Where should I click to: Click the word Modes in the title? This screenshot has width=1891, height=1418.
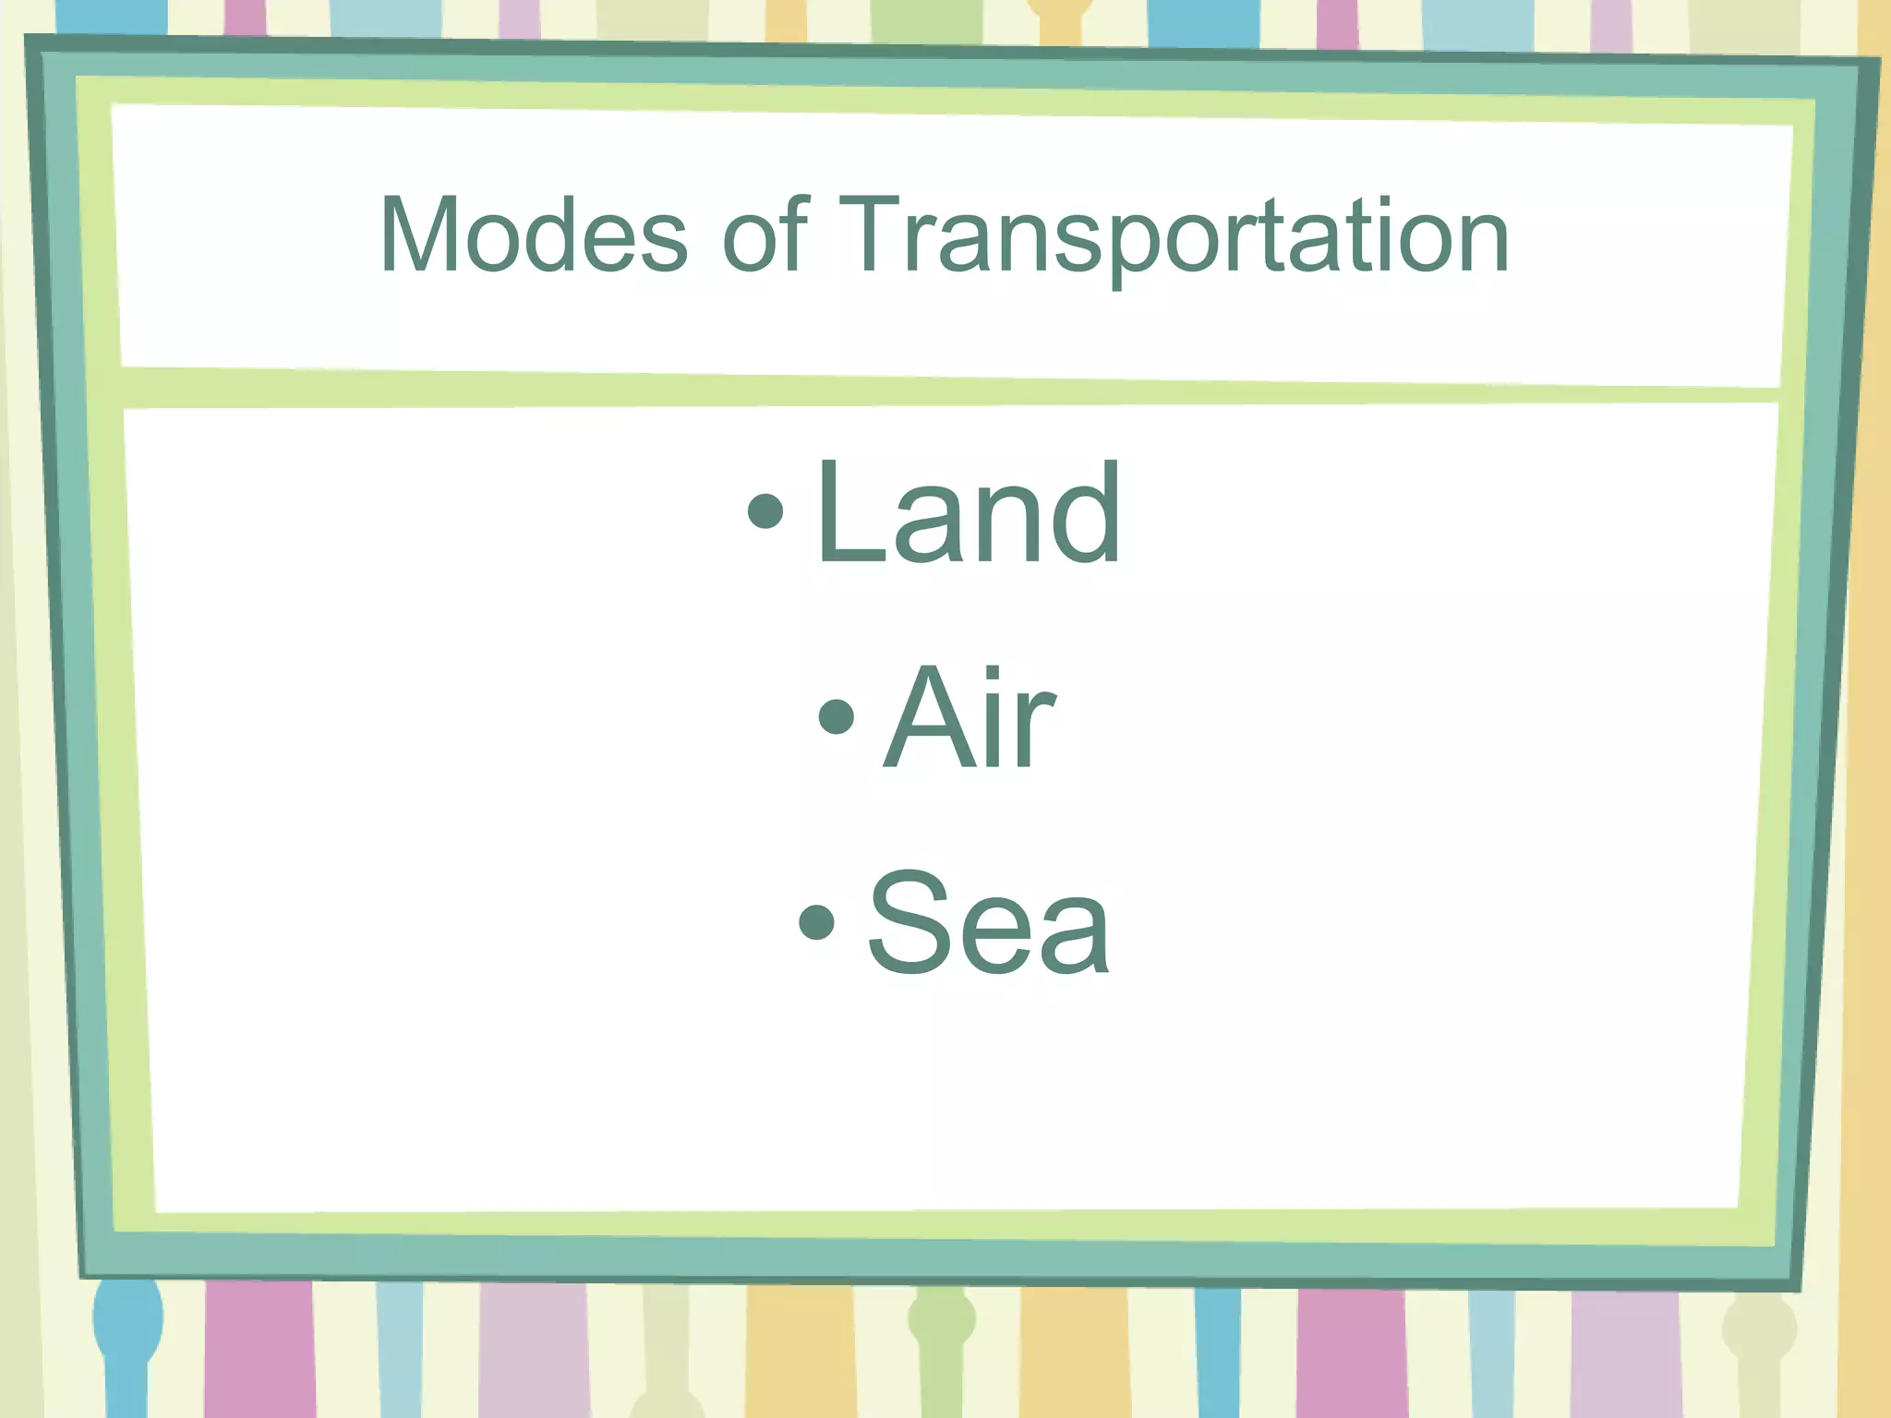(534, 235)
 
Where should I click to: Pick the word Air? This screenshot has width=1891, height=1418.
(969, 717)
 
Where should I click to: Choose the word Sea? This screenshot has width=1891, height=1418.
(989, 922)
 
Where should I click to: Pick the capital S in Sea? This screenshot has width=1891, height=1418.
(909, 922)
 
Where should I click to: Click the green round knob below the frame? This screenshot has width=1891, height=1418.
(941, 1320)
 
